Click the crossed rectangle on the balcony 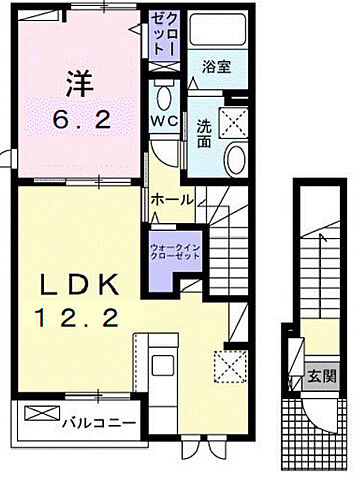click(x=40, y=413)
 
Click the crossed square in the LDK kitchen click(x=230, y=366)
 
